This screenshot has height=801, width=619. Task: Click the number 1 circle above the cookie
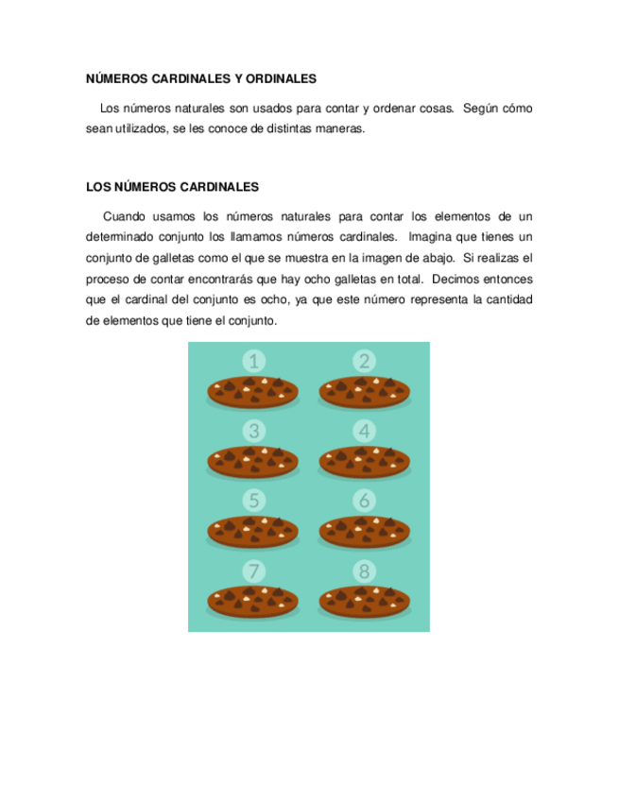coord(253,361)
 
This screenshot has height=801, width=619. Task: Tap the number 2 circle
coord(365,361)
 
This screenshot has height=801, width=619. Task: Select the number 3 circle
coord(253,432)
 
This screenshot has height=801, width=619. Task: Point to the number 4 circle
coord(365,432)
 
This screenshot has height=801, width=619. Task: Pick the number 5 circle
coord(253,501)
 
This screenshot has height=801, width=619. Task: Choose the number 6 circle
coord(365,501)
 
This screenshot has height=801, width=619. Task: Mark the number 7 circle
coord(253,571)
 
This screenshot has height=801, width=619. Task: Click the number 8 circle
coord(365,571)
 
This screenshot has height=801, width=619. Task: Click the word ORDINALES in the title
coord(277,78)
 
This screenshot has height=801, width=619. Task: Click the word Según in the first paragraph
coord(481,109)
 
